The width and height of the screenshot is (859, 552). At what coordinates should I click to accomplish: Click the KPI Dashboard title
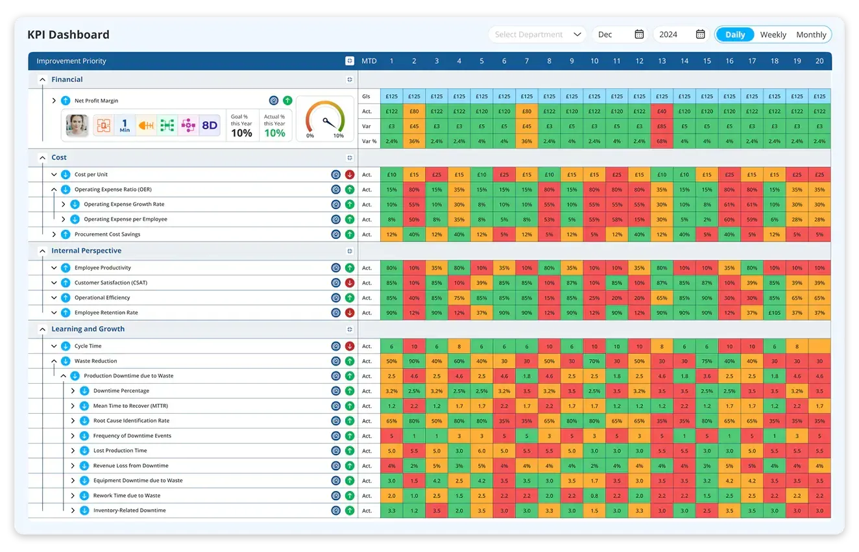tap(68, 34)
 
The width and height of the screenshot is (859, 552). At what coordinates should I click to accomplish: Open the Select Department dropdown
tap(538, 34)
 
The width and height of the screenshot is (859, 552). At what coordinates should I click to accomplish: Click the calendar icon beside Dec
tap(639, 34)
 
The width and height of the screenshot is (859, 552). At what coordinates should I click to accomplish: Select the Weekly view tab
tap(773, 35)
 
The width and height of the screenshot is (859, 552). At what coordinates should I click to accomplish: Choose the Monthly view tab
tap(811, 35)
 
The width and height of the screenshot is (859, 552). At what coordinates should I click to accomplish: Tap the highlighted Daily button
tap(735, 35)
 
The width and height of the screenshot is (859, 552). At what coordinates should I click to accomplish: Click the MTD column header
tap(369, 61)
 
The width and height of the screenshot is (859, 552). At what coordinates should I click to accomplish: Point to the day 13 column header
tap(662, 61)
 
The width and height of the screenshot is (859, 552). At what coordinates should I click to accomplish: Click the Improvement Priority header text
tap(71, 61)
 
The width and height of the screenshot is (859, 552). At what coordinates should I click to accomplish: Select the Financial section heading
tap(67, 79)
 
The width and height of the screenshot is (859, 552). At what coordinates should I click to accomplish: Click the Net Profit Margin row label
tap(96, 101)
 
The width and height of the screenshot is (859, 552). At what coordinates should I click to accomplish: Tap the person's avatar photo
tap(77, 125)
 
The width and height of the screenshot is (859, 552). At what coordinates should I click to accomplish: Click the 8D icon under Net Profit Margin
tap(210, 125)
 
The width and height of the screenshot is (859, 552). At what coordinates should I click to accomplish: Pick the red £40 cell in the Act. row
tap(662, 111)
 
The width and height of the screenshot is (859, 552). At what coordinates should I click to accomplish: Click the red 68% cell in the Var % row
tap(662, 141)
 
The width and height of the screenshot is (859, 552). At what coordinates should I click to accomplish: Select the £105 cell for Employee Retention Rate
tap(775, 312)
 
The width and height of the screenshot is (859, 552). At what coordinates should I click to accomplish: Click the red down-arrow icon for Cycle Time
tap(350, 346)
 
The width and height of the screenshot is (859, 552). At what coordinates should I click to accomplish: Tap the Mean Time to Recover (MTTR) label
tap(130, 406)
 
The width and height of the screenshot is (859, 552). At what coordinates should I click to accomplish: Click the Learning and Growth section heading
tap(88, 329)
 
